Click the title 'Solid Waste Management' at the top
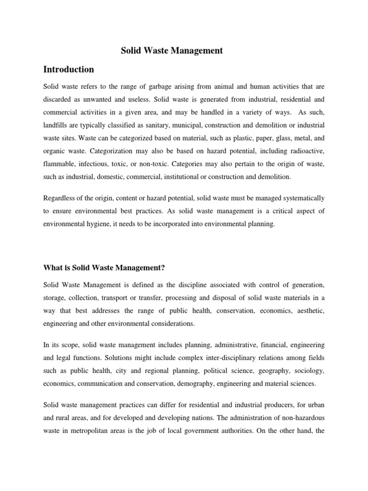[171, 50]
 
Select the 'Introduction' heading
[69, 70]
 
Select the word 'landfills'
[57, 125]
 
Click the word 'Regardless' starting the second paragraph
[60, 198]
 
